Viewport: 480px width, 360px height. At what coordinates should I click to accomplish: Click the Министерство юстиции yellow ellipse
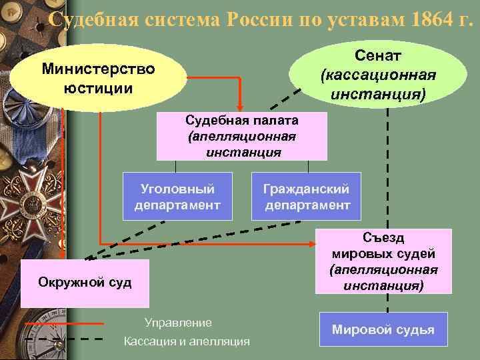pos(98,78)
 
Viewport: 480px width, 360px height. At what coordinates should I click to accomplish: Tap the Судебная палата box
pos(241,136)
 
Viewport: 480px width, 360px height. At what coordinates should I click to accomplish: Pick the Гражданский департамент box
pos(306,196)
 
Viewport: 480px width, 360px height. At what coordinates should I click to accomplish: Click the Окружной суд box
pos(85,282)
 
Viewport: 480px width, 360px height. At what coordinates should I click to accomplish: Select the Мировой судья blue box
pos(383,329)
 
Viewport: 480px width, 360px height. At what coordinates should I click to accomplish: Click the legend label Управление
pos(178,323)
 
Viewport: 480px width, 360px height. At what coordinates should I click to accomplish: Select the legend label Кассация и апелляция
pos(187,341)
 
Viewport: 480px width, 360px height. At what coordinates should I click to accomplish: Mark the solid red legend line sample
pos(63,323)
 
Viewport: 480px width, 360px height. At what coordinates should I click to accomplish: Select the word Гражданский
pos(306,189)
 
